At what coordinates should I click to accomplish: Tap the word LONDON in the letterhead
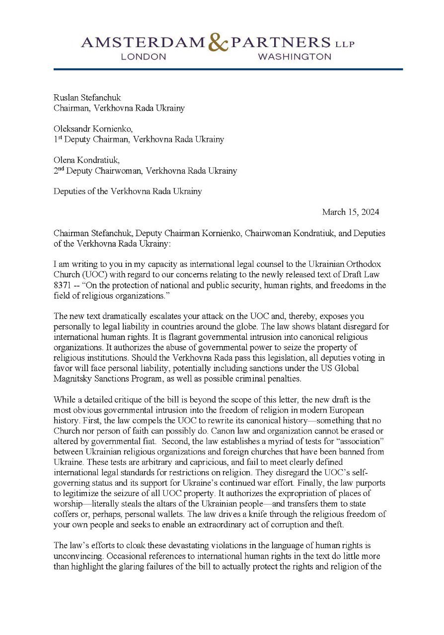pyautogui.click(x=144, y=57)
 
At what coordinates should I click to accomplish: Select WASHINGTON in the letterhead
pyautogui.click(x=295, y=57)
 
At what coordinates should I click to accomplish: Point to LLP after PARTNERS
pyautogui.click(x=344, y=44)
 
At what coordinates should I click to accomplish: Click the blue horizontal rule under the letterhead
pyautogui.click(x=228, y=69)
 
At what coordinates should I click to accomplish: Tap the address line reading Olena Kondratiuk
pyautogui.click(x=89, y=160)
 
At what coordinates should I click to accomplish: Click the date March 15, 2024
pyautogui.click(x=351, y=212)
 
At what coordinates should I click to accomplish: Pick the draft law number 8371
pyautogui.click(x=64, y=285)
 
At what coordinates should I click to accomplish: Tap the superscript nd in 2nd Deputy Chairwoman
pyautogui.click(x=62, y=169)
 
